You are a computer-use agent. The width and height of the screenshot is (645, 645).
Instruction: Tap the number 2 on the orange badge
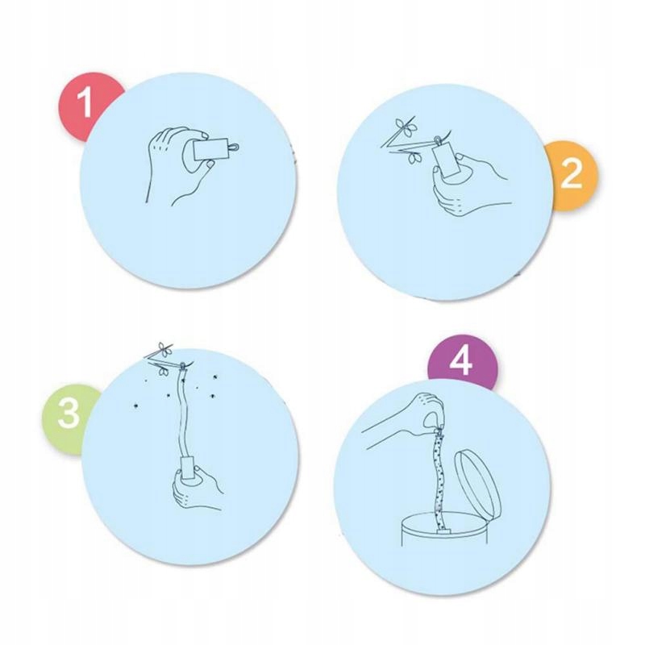pyautogui.click(x=572, y=173)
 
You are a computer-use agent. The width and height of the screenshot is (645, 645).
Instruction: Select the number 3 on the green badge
pyautogui.click(x=69, y=412)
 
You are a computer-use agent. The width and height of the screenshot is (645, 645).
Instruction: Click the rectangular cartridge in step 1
pyautogui.click(x=210, y=149)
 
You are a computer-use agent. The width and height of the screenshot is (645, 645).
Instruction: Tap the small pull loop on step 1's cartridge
pyautogui.click(x=233, y=147)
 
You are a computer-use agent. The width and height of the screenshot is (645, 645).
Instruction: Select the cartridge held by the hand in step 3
pyautogui.click(x=189, y=468)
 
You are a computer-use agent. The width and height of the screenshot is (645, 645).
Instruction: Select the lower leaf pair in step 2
pyautogui.click(x=414, y=158)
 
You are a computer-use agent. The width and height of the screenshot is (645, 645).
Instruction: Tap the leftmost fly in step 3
pyautogui.click(x=135, y=406)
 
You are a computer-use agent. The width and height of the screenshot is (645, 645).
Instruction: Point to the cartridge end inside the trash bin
pyautogui.click(x=443, y=531)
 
